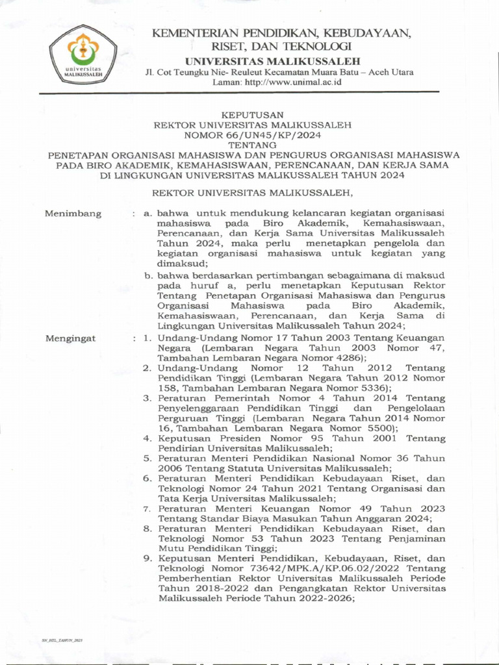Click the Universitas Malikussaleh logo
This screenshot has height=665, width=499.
click(x=83, y=57)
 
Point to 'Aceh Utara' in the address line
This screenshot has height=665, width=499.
click(x=390, y=72)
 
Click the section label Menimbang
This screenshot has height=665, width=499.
click(x=73, y=214)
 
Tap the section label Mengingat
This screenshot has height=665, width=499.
click(x=70, y=338)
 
